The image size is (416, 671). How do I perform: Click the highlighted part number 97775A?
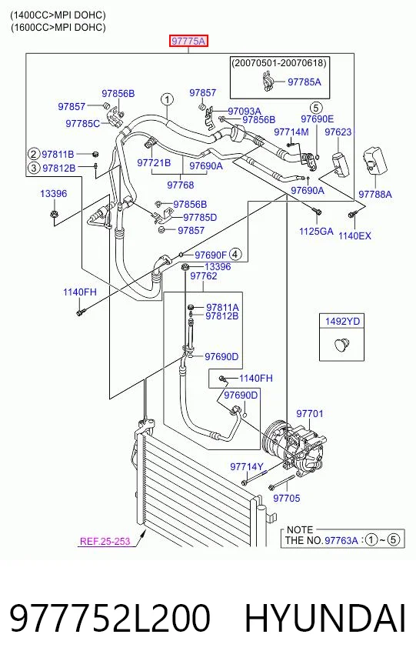pos(188,41)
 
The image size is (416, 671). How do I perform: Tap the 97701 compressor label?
pos(310,413)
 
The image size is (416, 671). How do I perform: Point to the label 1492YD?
pos(342,321)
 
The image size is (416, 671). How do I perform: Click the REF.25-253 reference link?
pos(105,541)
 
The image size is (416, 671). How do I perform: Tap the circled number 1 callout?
pos(167,100)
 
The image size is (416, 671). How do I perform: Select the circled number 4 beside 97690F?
pos(235,254)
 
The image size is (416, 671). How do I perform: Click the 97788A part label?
pos(375,194)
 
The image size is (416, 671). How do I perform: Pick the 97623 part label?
pos(338,132)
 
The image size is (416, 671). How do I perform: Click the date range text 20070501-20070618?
pos(279,63)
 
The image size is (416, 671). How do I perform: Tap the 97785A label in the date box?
pos(304,82)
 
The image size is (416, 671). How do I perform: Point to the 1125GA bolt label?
pos(316,232)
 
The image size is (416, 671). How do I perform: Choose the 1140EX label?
pos(354,235)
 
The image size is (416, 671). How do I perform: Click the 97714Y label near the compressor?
pos(247,466)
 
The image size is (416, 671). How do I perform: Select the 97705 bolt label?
pos(287,498)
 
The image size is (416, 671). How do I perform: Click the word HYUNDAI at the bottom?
pos(324,618)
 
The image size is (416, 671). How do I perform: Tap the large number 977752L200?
pos(110,618)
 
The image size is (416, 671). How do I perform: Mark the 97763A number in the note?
pos(341,540)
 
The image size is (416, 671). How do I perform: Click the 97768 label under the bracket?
pos(181,185)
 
